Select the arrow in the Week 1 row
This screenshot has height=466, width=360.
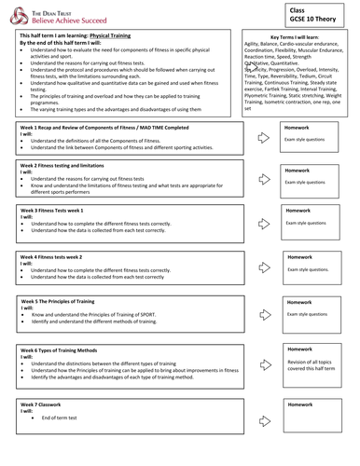coord(263,137)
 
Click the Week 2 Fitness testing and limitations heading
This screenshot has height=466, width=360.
coord(72,164)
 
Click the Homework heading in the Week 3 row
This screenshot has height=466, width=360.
coord(299,212)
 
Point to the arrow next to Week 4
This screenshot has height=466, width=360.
coord(263,267)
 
